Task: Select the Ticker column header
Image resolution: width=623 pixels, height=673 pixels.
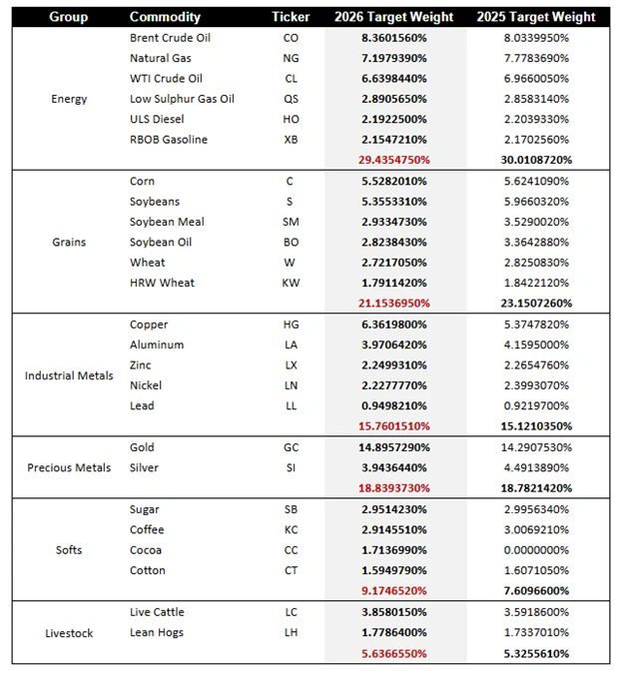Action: [x=291, y=17]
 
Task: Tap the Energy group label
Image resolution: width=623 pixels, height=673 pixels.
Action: [x=69, y=99]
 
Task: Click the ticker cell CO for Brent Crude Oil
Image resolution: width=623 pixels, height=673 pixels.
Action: [x=291, y=38]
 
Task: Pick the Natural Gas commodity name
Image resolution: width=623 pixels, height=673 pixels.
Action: [x=161, y=58]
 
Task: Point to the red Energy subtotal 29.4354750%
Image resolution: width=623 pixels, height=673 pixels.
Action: [x=396, y=160]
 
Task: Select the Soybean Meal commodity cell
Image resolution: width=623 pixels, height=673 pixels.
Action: [x=167, y=222]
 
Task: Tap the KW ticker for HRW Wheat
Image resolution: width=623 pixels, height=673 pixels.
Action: [x=291, y=283]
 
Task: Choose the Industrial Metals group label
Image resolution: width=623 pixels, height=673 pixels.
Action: [x=69, y=375]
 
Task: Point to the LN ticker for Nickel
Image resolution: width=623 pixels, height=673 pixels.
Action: [x=291, y=385]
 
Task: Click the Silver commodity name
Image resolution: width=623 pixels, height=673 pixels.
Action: [x=145, y=467]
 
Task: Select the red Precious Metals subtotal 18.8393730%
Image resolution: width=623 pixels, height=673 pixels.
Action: [x=396, y=488]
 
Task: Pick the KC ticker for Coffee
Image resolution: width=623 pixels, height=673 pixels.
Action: [x=291, y=529]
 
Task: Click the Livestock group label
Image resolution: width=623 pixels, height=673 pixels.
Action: [x=69, y=632]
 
